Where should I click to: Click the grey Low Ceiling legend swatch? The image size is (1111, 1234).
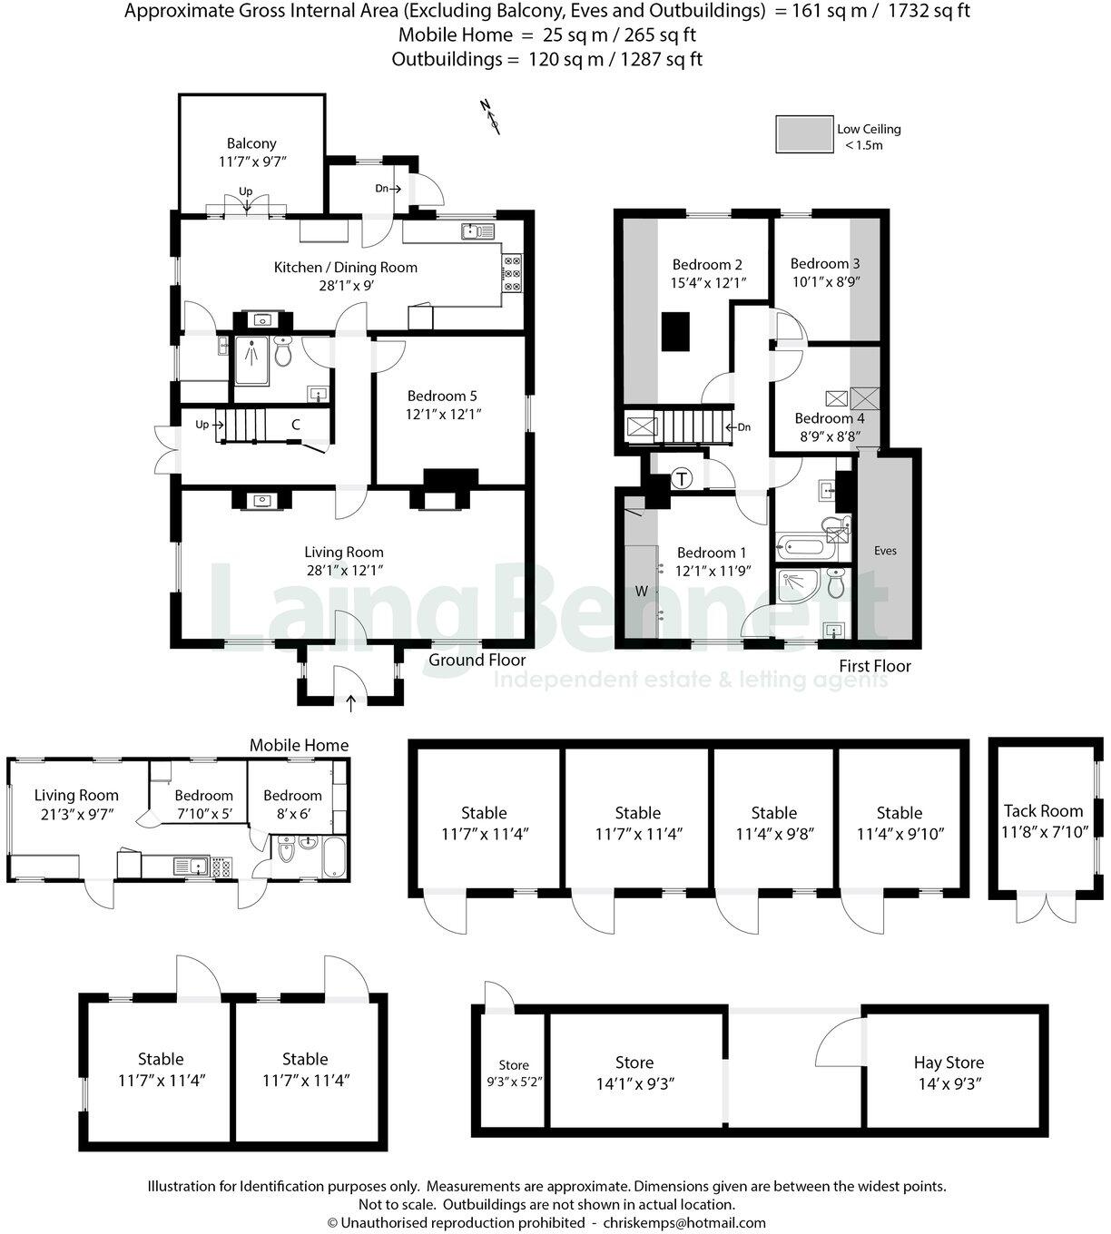pyautogui.click(x=804, y=133)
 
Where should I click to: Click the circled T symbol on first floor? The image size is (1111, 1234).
pyautogui.click(x=682, y=478)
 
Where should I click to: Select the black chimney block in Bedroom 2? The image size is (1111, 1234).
pyautogui.click(x=676, y=331)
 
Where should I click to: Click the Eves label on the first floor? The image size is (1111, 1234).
pyautogui.click(x=885, y=551)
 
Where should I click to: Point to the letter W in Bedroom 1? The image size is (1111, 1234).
pyautogui.click(x=642, y=592)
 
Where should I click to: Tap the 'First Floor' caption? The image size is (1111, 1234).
pyautogui.click(x=875, y=666)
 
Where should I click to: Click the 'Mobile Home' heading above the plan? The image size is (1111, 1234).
pyautogui.click(x=300, y=745)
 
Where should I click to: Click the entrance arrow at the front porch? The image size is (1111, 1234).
pyautogui.click(x=351, y=700)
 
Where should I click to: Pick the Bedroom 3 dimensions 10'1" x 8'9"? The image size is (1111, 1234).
pyautogui.click(x=825, y=281)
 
